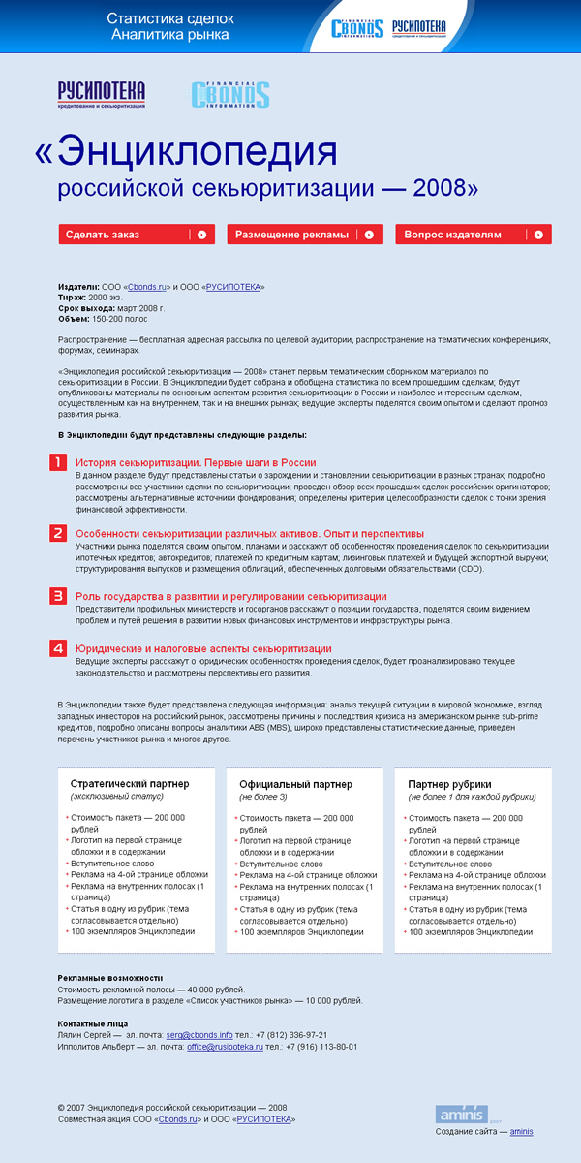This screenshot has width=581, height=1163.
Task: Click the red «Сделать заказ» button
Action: tap(137, 235)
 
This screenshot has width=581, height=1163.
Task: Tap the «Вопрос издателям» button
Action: tap(473, 235)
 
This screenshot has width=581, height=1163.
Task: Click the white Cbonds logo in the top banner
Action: tap(357, 29)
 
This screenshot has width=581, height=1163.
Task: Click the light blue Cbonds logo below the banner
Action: tap(230, 94)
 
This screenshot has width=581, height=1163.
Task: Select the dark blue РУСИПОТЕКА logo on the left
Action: tap(102, 93)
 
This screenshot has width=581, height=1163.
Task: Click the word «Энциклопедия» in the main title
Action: tap(199, 152)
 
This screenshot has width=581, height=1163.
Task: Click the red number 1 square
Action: tap(58, 462)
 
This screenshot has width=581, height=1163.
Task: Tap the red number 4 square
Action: tap(58, 648)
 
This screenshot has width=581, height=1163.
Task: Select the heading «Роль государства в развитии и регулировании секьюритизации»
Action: tap(231, 596)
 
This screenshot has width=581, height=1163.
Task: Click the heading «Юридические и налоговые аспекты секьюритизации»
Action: tap(203, 648)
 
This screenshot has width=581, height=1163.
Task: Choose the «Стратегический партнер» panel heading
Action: tap(130, 783)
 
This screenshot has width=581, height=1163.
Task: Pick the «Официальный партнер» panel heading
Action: tap(296, 783)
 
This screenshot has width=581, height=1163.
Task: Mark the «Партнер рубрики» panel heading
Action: tap(449, 783)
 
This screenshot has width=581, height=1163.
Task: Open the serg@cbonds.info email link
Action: tap(199, 1034)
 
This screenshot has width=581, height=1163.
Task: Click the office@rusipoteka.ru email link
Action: tap(225, 1047)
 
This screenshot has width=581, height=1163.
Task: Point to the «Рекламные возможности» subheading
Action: tap(109, 978)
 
